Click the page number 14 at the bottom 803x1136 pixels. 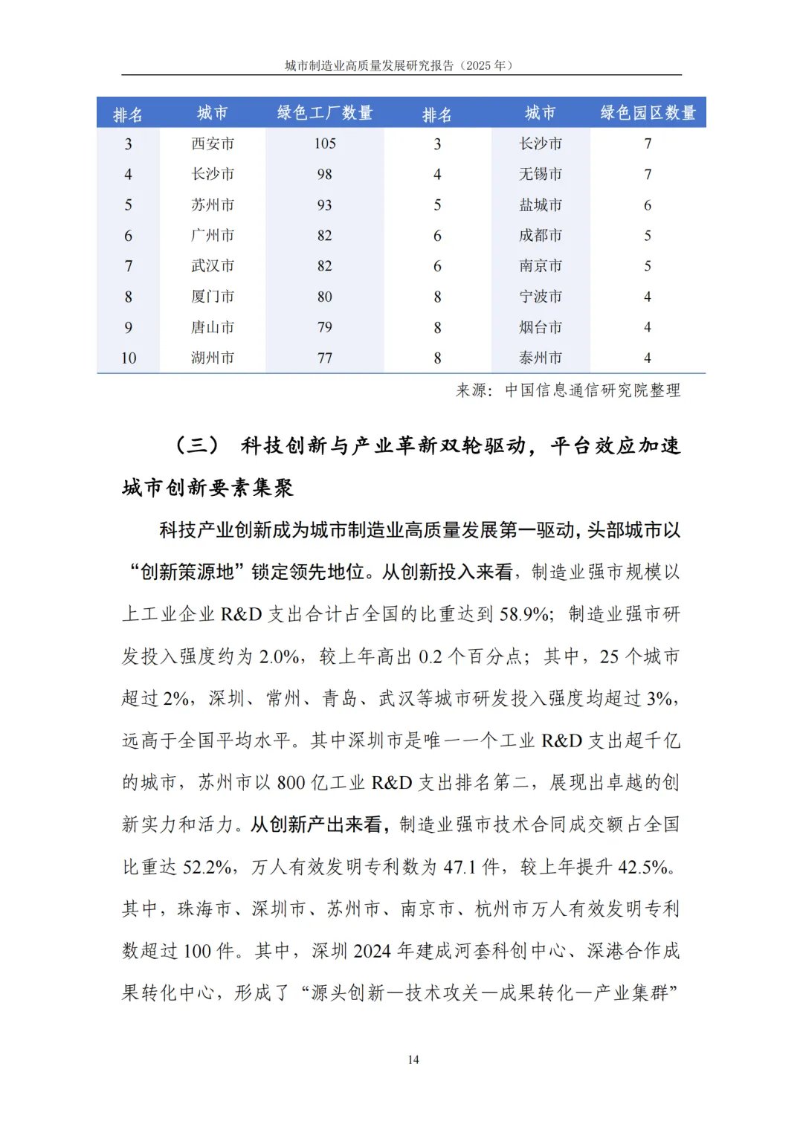(x=413, y=1059)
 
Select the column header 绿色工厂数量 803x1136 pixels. (x=325, y=113)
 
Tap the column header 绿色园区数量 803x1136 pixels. (x=648, y=113)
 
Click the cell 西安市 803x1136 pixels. (x=213, y=143)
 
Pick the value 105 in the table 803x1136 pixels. (x=325, y=143)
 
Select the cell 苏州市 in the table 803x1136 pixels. (x=213, y=204)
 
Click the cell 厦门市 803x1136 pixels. (x=213, y=297)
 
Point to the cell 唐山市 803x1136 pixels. (x=213, y=327)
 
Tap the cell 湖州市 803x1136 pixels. (x=213, y=358)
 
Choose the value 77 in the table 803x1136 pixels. (x=325, y=358)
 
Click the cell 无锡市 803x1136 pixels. (x=541, y=174)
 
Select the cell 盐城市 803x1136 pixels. (x=541, y=204)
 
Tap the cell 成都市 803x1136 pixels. (x=541, y=235)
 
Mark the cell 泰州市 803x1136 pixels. (x=541, y=358)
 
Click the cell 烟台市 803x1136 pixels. (x=541, y=327)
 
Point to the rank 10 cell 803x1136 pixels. (x=129, y=358)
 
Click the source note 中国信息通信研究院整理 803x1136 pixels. (x=593, y=390)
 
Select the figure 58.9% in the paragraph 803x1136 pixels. (x=525, y=614)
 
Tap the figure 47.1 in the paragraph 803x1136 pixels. (x=460, y=867)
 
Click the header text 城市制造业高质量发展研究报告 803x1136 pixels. (x=369, y=65)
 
